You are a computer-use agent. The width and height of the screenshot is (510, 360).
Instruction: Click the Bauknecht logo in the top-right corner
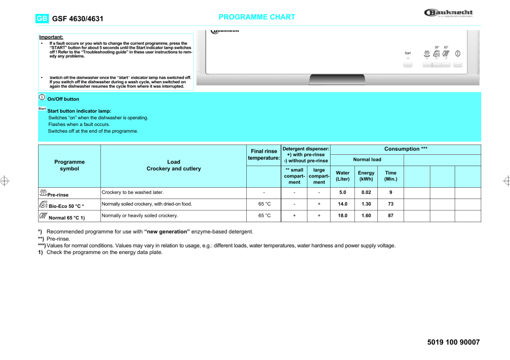448,13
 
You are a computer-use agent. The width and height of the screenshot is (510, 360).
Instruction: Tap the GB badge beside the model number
42,19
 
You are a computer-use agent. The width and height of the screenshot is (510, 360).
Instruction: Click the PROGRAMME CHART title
257,17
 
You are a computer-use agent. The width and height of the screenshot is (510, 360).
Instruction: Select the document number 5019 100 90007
453,343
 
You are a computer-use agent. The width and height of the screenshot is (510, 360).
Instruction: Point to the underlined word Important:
51,37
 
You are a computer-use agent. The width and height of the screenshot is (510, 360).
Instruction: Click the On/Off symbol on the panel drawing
458,53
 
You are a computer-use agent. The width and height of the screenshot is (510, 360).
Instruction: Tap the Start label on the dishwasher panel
408,53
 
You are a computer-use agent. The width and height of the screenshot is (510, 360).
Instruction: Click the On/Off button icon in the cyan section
42,97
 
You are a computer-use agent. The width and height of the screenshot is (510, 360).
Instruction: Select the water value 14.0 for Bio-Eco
342,204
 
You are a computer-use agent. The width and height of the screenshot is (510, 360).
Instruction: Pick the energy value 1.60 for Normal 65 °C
366,215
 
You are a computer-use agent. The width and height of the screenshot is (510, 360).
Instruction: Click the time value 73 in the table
391,204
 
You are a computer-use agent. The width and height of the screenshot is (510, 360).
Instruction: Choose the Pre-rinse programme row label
58,195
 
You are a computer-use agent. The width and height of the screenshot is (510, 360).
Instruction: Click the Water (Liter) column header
342,176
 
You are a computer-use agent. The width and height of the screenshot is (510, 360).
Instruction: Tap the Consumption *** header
406,149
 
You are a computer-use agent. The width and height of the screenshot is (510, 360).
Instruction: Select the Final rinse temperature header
264,154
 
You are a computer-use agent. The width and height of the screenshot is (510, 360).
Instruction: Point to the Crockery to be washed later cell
133,192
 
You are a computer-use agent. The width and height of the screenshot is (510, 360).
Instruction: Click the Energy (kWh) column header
366,176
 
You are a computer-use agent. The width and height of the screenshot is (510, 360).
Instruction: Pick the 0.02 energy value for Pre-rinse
366,192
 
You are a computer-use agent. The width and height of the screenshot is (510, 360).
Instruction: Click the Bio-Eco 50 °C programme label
66,206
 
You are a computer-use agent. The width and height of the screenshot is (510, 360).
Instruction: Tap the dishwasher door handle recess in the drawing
337,80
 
